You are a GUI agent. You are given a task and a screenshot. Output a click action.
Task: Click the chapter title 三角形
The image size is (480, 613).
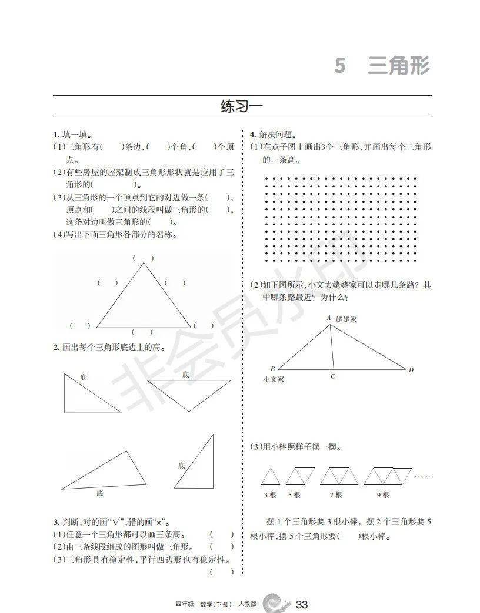click(399, 65)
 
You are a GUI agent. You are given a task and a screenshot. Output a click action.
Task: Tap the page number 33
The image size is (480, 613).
click(302, 605)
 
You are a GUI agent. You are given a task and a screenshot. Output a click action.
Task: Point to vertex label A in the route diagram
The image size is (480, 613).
click(329, 318)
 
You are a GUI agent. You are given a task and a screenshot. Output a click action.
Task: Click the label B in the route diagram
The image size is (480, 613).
click(272, 369)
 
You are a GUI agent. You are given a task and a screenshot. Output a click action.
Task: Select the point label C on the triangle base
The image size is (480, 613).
click(333, 376)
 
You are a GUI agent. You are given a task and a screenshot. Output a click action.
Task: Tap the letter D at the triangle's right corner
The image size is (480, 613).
click(411, 369)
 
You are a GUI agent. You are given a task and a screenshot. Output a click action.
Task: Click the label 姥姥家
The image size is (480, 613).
click(348, 318)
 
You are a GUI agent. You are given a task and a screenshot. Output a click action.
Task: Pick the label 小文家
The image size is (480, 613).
click(274, 379)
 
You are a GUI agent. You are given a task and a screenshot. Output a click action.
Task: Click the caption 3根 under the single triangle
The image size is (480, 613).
click(270, 495)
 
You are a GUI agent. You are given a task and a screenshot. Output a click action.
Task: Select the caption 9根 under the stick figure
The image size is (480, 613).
click(383, 495)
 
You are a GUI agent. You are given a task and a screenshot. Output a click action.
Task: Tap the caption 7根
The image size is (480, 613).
click(336, 495)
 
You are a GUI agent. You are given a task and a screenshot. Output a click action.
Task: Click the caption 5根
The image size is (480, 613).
click(294, 495)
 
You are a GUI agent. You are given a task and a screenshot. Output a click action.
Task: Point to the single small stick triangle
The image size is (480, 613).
click(270, 476)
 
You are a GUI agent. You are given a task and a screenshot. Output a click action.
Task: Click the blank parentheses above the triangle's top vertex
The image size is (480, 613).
click(143, 258)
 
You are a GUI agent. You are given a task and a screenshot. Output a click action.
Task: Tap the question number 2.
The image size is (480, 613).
click(55, 347)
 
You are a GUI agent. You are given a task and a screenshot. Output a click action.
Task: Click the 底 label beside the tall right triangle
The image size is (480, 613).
click(181, 465)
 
